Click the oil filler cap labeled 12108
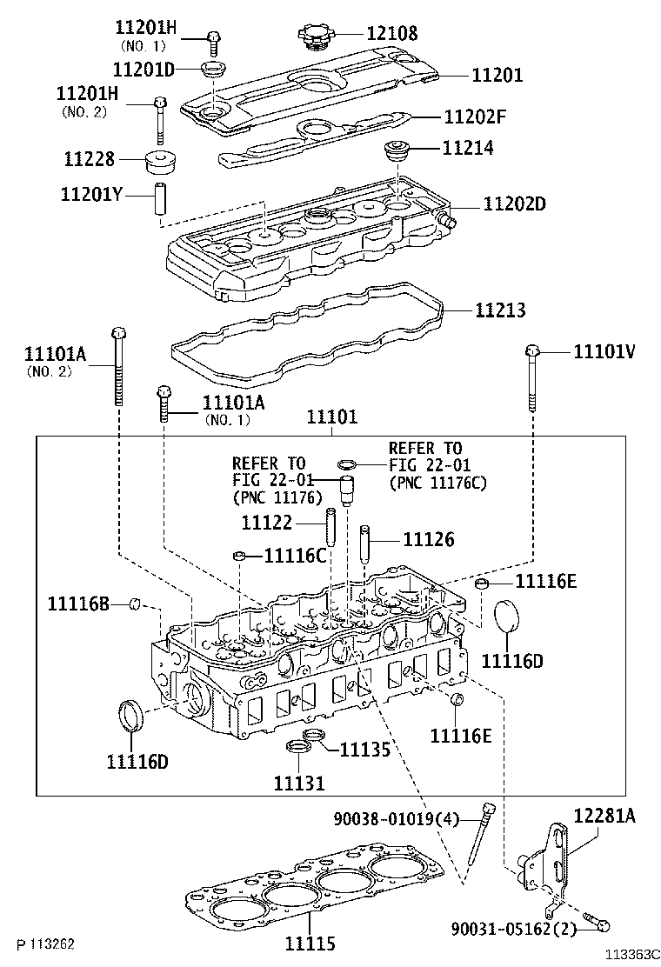pyautogui.click(x=315, y=37)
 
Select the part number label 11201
pyautogui.click(x=497, y=76)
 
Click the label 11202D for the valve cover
pyautogui.click(x=515, y=204)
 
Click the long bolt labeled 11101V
pyautogui.click(x=532, y=379)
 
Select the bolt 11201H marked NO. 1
pyautogui.click(x=214, y=37)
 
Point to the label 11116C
pyautogui.click(x=295, y=555)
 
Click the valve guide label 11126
pyautogui.click(x=428, y=540)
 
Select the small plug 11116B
pyautogui.click(x=135, y=603)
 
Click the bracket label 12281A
pyautogui.click(x=604, y=815)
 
